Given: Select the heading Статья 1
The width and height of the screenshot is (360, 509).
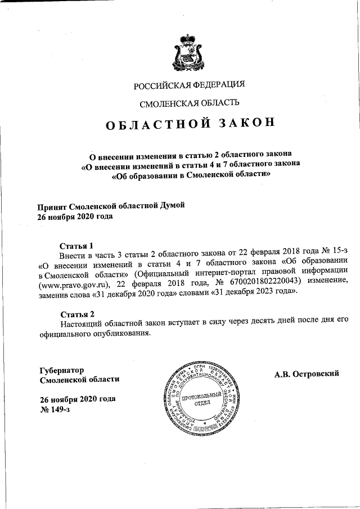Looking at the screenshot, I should (x=76, y=246).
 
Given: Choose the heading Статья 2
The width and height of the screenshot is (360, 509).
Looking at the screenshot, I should (x=76, y=313).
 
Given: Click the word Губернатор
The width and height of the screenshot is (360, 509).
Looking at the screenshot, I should (x=62, y=370).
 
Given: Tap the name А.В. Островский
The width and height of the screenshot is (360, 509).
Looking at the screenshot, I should (x=306, y=374).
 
